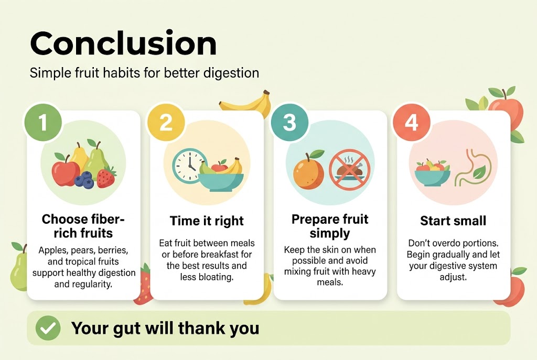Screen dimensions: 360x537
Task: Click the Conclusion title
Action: pyautogui.click(x=123, y=44)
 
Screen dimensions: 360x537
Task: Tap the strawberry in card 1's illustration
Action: pyautogui.click(x=106, y=177)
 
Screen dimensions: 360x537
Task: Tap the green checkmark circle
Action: pyautogui.click(x=48, y=328)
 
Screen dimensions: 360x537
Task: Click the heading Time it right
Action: pyautogui.click(x=207, y=221)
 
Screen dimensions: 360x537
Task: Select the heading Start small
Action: pyautogui.click(x=453, y=221)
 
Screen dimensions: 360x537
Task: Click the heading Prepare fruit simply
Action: pyautogui.click(x=330, y=226)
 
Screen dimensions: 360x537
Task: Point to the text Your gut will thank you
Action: pyautogui.click(x=165, y=328)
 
